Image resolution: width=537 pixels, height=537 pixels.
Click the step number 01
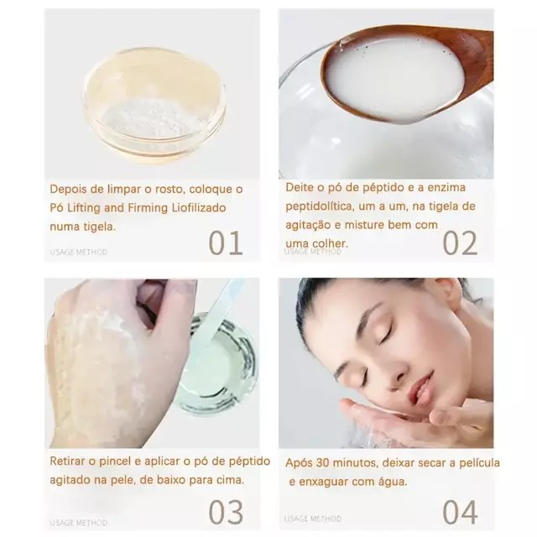coord(226,242)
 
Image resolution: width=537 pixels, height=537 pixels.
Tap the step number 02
coord(460,242)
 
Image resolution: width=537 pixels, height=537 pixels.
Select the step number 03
coord(226,512)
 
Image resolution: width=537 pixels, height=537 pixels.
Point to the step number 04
coord(460,512)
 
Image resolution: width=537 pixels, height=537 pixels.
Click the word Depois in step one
coord(68,189)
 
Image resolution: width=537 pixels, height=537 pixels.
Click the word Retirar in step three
coord(67,461)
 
